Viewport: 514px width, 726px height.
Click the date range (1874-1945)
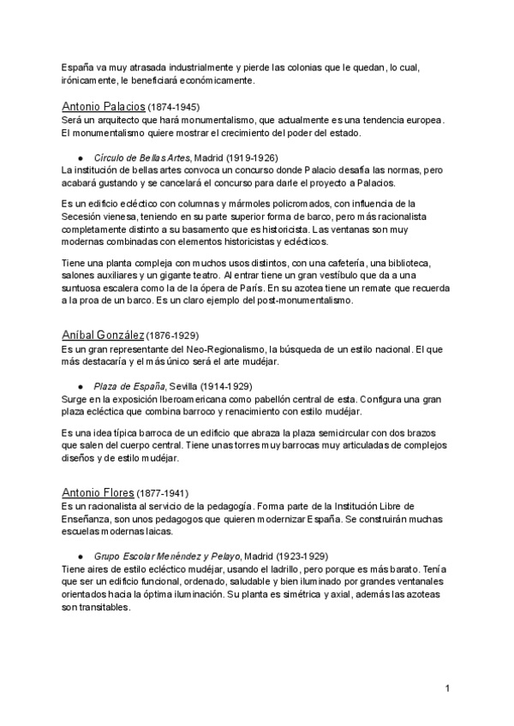click(x=174, y=108)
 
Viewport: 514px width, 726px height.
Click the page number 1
click(x=448, y=688)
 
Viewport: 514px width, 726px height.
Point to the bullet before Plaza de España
click(x=80, y=387)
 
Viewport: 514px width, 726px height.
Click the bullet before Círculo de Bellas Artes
click(x=80, y=158)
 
